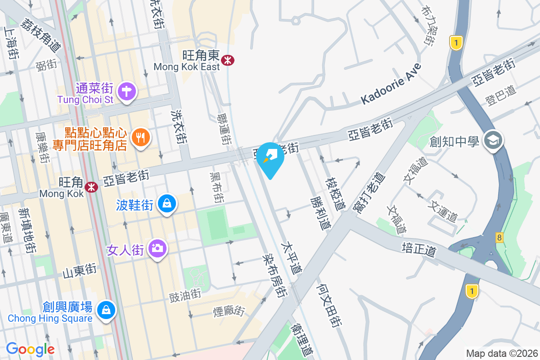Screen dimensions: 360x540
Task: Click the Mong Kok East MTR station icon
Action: (x=228, y=60)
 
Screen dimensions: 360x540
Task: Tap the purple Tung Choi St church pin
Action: (x=127, y=91)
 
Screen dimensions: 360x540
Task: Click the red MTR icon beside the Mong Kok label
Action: (x=91, y=187)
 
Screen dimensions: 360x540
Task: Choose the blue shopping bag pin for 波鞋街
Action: (x=167, y=204)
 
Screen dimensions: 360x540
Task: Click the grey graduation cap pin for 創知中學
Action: (x=493, y=140)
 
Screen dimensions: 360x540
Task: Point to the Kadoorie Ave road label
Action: (x=391, y=85)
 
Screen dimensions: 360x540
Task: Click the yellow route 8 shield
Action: (x=499, y=237)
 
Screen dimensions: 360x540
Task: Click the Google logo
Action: (x=30, y=349)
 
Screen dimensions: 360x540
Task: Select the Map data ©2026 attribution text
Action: (x=501, y=353)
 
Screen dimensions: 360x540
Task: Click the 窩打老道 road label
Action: (x=367, y=193)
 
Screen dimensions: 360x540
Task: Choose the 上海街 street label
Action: (x=11, y=42)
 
